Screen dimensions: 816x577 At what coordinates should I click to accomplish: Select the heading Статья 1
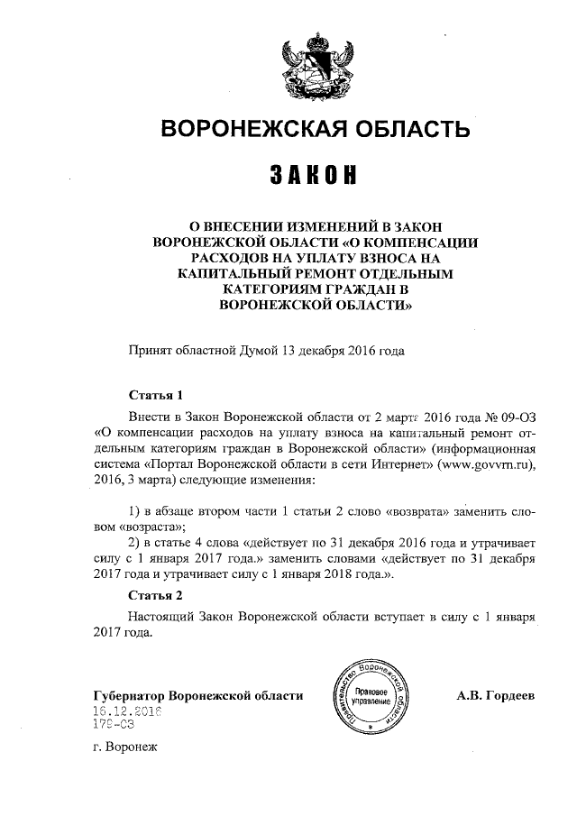156,395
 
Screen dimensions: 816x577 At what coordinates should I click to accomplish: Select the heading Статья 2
156,596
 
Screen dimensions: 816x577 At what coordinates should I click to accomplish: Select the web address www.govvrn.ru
485,464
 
